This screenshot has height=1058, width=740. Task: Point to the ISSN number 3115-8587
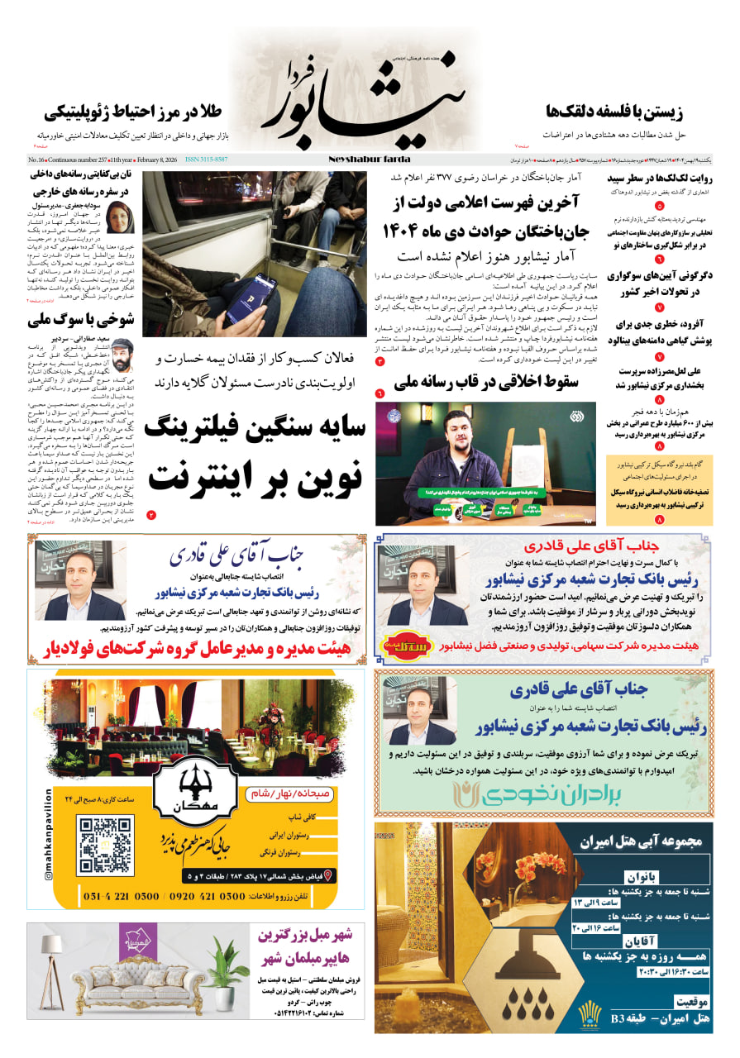pos(206,160)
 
